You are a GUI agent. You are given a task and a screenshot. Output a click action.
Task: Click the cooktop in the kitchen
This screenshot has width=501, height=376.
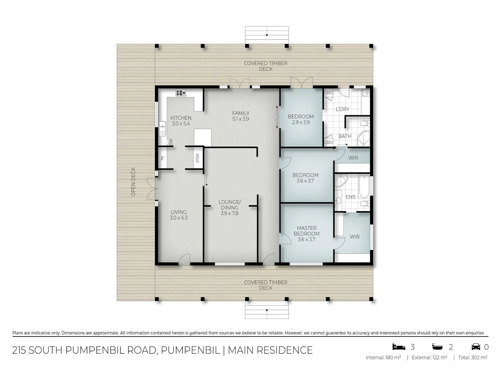181,93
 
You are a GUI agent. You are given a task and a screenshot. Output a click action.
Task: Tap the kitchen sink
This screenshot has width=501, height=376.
162,129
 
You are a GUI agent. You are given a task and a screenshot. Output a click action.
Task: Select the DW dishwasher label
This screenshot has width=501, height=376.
171,142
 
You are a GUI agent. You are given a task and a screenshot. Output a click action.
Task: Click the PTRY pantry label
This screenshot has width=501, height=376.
198,157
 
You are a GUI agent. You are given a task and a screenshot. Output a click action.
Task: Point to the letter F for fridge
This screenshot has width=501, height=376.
163,159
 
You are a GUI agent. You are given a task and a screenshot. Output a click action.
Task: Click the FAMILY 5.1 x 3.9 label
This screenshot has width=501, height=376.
240,116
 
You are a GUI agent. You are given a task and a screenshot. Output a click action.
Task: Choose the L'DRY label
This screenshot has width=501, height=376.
342,109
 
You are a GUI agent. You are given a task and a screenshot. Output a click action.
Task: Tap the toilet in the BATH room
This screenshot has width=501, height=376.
365,124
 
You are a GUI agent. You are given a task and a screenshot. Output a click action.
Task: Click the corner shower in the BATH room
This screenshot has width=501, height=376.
363,138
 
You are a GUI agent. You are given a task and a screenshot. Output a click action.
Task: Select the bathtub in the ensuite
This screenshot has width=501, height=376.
364,186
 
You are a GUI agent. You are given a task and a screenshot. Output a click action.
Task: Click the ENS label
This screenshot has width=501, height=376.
350,197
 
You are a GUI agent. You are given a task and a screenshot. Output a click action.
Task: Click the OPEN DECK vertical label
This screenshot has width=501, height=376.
133,182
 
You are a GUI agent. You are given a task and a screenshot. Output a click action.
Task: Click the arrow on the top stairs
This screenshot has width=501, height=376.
267,35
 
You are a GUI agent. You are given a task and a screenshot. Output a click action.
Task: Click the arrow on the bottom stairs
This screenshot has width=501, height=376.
267,310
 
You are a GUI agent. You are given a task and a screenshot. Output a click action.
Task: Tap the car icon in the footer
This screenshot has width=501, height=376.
476,347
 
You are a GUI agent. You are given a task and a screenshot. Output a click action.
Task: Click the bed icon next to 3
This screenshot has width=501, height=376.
399,347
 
